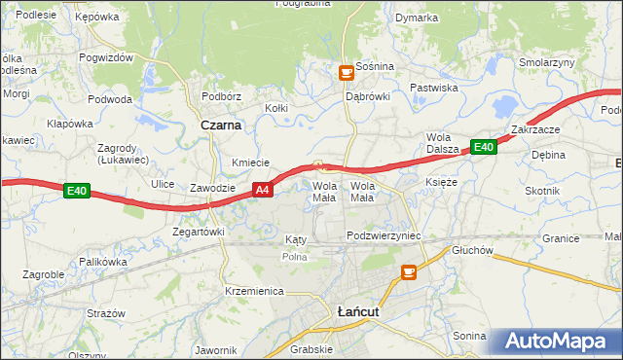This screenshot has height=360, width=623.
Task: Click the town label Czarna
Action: [x=221, y=126]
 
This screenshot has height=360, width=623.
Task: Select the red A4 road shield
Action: [x=261, y=191]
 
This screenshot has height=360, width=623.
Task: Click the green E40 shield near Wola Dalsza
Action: [x=484, y=147]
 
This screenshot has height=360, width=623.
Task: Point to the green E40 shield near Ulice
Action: [x=78, y=192]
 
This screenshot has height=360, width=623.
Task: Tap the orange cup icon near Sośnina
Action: [x=345, y=71]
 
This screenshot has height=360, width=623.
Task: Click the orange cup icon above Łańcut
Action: [x=408, y=271]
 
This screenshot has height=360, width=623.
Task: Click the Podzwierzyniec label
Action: [x=383, y=236]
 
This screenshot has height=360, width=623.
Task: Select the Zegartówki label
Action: [x=199, y=232]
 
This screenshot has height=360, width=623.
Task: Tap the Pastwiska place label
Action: [x=434, y=88]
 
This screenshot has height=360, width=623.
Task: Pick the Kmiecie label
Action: [x=250, y=162]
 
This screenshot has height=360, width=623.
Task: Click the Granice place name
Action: [x=561, y=238]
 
